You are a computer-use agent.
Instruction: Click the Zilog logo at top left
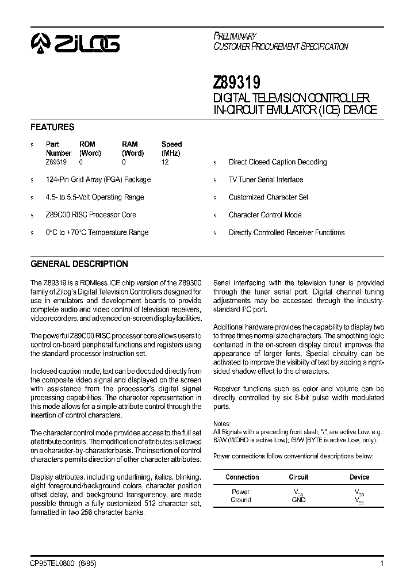(x=75, y=43)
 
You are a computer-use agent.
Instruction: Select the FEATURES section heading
(x=52, y=127)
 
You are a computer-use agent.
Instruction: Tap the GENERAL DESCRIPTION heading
(x=79, y=264)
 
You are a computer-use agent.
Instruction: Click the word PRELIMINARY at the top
(x=235, y=36)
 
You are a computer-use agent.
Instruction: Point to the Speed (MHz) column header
(x=171, y=149)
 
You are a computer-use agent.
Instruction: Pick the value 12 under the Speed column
(x=165, y=162)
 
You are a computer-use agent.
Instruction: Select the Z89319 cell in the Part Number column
(x=56, y=162)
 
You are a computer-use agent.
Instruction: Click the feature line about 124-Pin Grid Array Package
(x=98, y=179)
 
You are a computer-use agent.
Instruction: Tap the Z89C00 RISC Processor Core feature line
(x=91, y=215)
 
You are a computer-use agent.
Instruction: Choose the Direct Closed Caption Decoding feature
(x=278, y=162)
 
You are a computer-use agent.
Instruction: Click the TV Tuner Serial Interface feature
(x=266, y=179)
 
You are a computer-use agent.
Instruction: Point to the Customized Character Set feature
(x=269, y=197)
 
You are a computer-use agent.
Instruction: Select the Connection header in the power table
(x=242, y=477)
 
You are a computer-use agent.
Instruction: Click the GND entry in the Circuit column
(x=298, y=500)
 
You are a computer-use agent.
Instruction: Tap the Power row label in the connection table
(x=240, y=492)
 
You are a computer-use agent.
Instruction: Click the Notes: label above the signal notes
(x=222, y=423)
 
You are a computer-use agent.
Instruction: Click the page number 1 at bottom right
(x=382, y=564)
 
